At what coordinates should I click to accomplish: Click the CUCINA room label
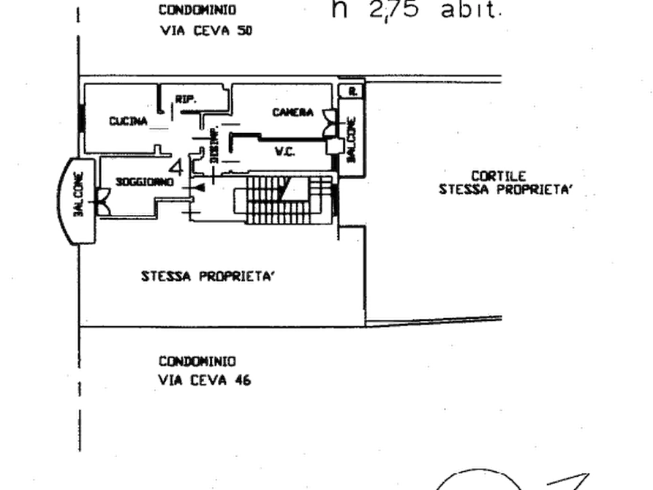pyautogui.click(x=127, y=121)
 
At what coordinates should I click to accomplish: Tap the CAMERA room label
pyautogui.click(x=293, y=113)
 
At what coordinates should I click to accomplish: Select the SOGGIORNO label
pyautogui.click(x=144, y=182)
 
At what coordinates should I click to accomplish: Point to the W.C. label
pyautogui.click(x=284, y=151)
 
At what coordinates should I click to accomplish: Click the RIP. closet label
pyautogui.click(x=184, y=99)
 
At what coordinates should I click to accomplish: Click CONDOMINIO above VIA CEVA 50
pyautogui.click(x=197, y=10)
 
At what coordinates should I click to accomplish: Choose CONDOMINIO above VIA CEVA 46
pyautogui.click(x=197, y=361)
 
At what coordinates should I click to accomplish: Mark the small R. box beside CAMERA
pyautogui.click(x=352, y=91)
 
